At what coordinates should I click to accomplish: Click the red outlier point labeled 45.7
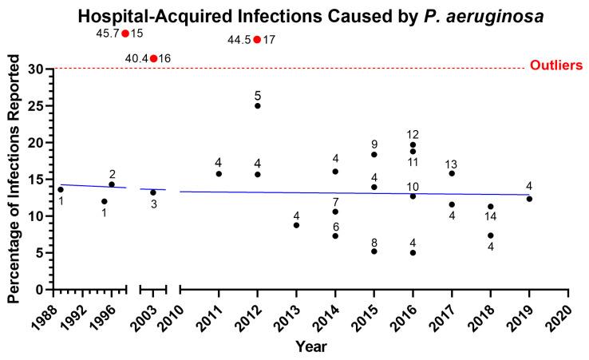pos(125,34)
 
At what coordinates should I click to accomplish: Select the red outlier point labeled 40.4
pos(153,58)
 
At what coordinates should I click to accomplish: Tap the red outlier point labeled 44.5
pos(257,39)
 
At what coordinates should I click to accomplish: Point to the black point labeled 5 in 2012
pos(257,105)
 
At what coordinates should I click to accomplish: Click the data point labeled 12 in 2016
pos(413,144)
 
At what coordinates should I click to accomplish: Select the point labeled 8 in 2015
pos(374,251)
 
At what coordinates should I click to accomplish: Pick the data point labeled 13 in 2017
pos(452,173)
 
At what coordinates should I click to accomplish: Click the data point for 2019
pos(529,199)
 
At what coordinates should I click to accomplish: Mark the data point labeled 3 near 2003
pos(153,192)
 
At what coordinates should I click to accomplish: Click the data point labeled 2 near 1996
pos(112,184)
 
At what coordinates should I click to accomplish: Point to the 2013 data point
pos(296,225)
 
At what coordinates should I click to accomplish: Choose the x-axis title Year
pos(310,347)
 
